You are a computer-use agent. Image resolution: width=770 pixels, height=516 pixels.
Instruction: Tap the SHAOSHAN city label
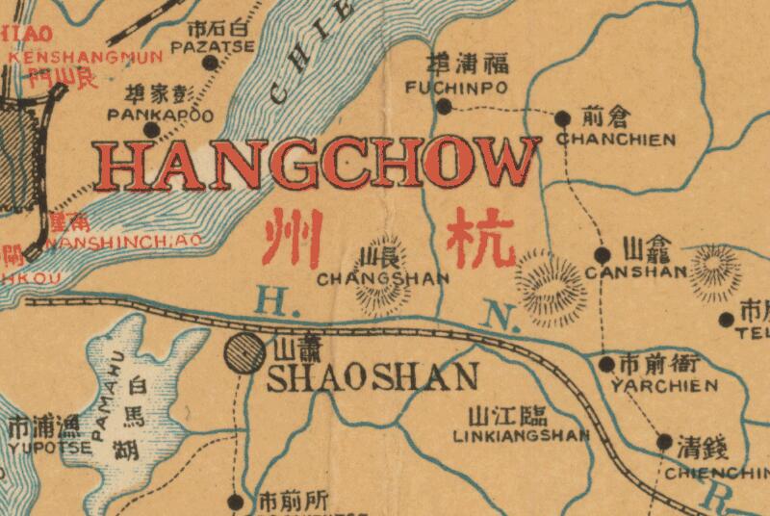[x=372, y=376]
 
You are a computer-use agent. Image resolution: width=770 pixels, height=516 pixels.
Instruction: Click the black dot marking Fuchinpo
[x=444, y=106]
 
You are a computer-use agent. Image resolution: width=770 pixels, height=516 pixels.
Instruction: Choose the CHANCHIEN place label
[x=616, y=139]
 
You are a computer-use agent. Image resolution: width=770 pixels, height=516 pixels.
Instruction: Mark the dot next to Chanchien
[x=562, y=117]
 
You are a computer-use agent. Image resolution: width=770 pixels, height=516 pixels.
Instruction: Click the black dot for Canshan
[x=602, y=255]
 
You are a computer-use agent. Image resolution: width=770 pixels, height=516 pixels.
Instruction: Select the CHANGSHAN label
[x=383, y=279]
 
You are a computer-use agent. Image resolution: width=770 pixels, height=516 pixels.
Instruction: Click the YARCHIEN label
[x=664, y=385]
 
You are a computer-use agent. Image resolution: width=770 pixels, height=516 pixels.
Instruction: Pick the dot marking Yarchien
[x=606, y=364]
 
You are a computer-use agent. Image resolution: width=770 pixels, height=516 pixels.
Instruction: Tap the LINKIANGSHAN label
[x=521, y=435]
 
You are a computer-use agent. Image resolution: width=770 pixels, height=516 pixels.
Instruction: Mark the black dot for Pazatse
[x=210, y=63]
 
